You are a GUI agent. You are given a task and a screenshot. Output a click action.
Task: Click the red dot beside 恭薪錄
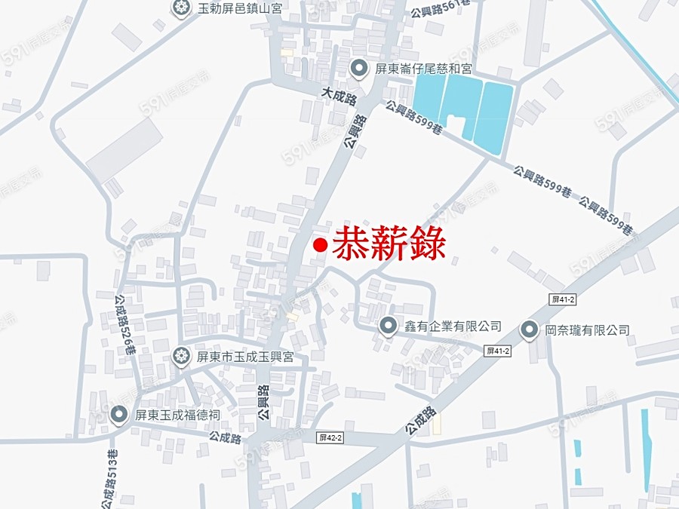[320, 245]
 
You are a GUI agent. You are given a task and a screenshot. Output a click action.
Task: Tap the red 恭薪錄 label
[389, 244]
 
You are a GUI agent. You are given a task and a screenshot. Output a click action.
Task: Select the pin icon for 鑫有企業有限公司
[389, 326]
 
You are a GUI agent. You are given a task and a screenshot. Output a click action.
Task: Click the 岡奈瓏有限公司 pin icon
[531, 330]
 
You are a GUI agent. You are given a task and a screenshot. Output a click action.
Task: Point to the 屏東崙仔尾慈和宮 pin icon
[360, 69]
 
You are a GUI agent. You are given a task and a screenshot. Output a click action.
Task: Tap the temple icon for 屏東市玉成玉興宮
[181, 356]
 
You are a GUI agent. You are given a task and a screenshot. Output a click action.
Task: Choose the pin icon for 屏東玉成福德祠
[118, 414]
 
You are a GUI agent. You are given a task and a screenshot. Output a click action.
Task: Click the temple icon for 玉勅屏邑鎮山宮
[181, 9]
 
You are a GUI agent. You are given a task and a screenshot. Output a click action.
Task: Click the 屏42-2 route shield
[330, 438]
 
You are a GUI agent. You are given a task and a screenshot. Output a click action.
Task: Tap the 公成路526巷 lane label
[124, 324]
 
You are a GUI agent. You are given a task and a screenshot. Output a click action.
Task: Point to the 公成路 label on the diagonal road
[420, 419]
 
